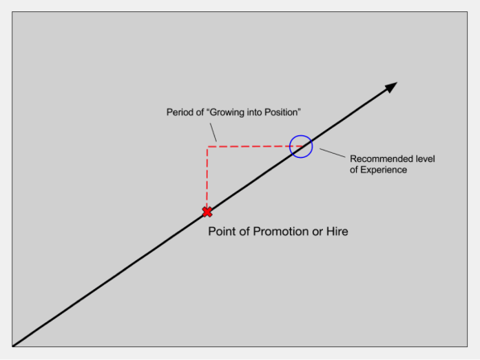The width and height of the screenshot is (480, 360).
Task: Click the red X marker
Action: (x=207, y=212)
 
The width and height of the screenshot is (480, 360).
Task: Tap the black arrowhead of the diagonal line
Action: (x=391, y=87)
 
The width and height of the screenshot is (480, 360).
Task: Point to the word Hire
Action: (x=337, y=231)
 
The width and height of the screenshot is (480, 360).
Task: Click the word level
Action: (x=425, y=159)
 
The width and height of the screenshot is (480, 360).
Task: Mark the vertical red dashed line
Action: (x=207, y=177)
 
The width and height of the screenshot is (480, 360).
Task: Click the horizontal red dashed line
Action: (x=254, y=147)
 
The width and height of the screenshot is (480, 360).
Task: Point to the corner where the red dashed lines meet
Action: (x=208, y=147)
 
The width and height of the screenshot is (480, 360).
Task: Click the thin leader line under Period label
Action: (x=213, y=133)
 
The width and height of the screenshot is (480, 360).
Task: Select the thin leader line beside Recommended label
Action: (x=333, y=153)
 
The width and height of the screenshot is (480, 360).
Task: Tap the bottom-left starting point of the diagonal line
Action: (x=13, y=346)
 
